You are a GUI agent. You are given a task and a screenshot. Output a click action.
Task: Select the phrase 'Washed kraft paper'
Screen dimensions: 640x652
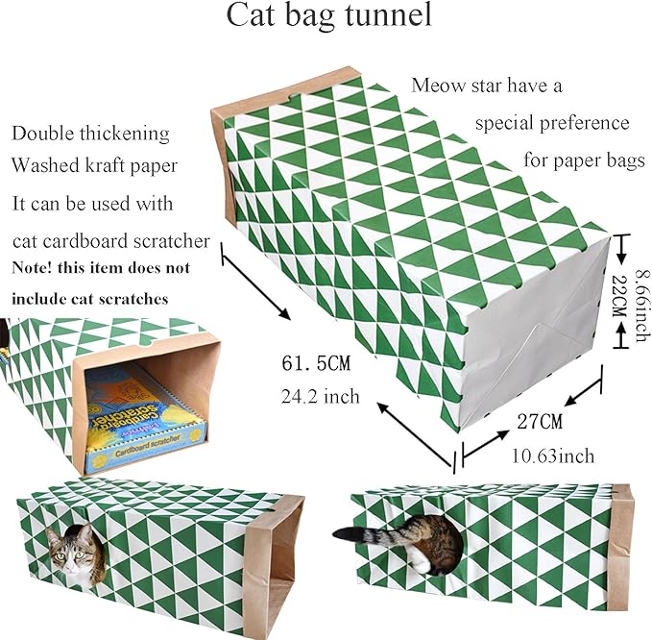94,166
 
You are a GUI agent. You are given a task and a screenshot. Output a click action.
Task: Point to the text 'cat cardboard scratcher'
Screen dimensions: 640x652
110,239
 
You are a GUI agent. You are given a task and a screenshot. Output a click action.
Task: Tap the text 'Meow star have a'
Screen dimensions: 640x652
488,86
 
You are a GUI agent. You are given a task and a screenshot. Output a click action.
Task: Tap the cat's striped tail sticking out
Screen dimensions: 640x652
371,534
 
